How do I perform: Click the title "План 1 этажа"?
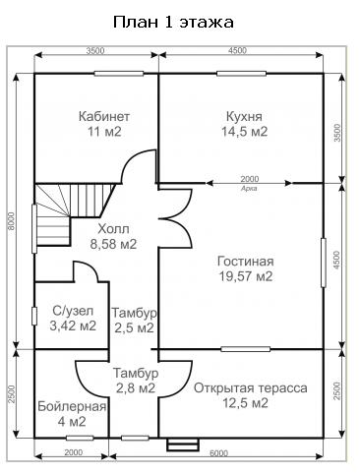click(x=173, y=23)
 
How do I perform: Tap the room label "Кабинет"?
click(x=104, y=116)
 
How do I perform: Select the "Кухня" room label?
click(x=244, y=116)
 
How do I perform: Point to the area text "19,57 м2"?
click(x=246, y=276)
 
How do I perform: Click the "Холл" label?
click(x=113, y=229)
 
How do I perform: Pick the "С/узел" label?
click(x=73, y=311)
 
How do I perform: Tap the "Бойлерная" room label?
click(x=72, y=407)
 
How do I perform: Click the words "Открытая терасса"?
click(x=251, y=388)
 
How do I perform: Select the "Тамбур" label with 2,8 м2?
click(x=136, y=373)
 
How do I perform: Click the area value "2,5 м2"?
click(x=134, y=327)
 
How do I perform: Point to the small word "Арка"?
click(x=249, y=189)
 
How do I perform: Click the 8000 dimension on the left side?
click(x=12, y=221)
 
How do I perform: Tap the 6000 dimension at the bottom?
click(x=218, y=453)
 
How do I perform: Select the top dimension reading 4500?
click(x=237, y=50)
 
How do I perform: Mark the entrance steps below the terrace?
click(x=183, y=444)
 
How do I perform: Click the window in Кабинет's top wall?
click(x=119, y=74)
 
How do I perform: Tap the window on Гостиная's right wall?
click(x=324, y=263)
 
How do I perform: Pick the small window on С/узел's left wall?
click(x=34, y=316)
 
